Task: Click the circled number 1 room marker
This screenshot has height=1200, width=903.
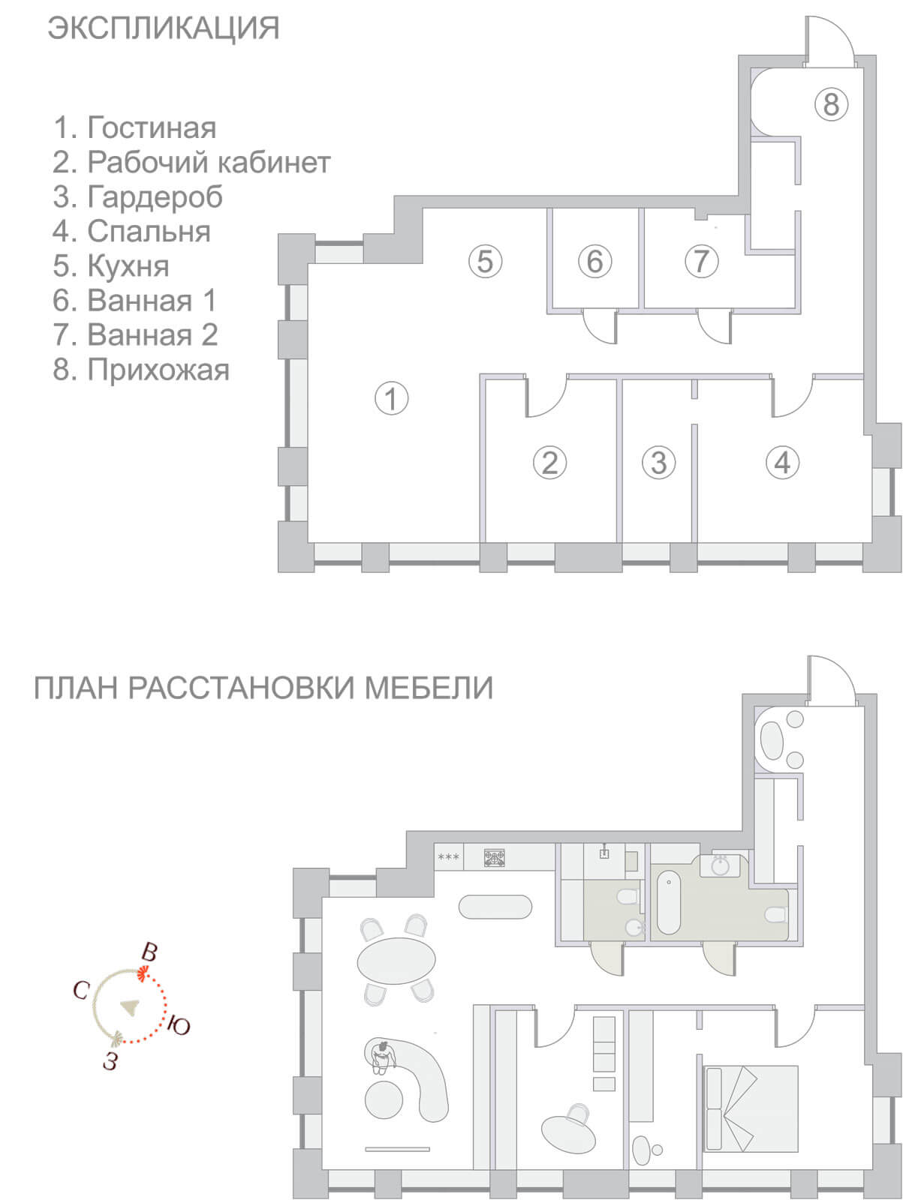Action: [x=392, y=398]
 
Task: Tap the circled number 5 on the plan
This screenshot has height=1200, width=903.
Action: [x=485, y=261]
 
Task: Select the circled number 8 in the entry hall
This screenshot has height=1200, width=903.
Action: [x=831, y=103]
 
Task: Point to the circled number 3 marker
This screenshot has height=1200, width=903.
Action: [x=658, y=463]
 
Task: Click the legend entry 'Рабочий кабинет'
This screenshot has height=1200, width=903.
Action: [x=209, y=162]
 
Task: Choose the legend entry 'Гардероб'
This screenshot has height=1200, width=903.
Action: [x=155, y=196]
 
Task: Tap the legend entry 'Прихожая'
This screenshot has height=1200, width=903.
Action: [x=158, y=370]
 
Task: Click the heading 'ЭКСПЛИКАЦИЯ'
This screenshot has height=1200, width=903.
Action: [x=164, y=28]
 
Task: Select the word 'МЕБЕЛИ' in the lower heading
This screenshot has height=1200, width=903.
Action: [x=429, y=688]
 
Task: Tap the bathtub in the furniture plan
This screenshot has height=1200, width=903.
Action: [x=668, y=902]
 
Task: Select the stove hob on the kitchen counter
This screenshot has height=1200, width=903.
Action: [x=495, y=857]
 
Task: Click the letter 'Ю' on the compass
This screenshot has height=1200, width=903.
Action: [x=179, y=1025]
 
